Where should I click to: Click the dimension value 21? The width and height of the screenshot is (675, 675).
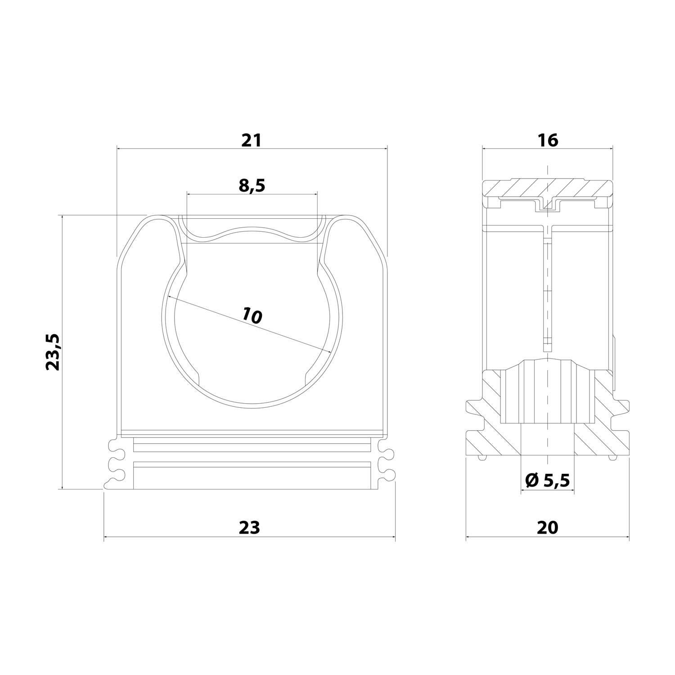point(251,140)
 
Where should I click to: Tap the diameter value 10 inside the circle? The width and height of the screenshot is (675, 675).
point(252,315)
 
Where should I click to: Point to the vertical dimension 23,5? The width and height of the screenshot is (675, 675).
point(53,352)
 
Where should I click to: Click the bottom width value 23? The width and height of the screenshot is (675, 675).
point(250,527)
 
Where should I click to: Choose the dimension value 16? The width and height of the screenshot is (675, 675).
point(548,140)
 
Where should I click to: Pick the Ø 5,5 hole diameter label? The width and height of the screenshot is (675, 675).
point(547,481)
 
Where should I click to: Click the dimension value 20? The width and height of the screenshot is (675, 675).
point(547,527)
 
